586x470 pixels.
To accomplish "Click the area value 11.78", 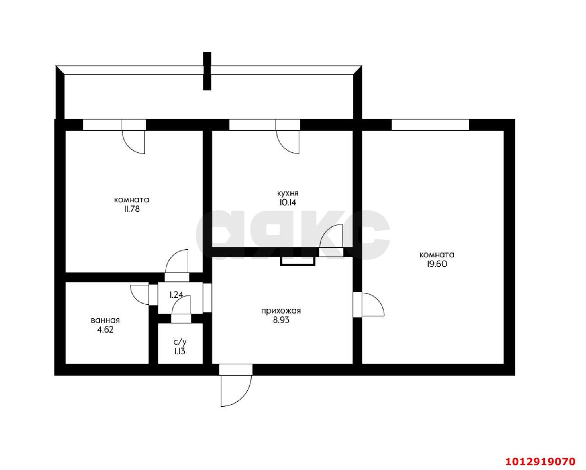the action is tap(132, 209).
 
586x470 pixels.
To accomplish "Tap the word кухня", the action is tap(288, 193).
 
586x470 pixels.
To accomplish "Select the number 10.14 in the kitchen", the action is tap(288, 203).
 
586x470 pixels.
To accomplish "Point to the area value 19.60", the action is tap(437, 264).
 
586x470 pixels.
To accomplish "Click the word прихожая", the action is tap(281, 311).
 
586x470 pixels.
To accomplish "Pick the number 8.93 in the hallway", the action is tap(281, 320).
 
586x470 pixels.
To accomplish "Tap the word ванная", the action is tap(105, 320).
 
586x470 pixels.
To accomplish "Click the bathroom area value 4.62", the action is tap(105, 330).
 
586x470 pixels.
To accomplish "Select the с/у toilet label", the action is tap(180, 342).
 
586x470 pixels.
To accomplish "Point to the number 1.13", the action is tap(180, 351).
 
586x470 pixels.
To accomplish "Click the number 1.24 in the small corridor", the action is tap(176, 295).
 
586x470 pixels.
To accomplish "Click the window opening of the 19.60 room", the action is tap(430, 125).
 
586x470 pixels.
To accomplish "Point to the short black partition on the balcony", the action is tap(207, 71).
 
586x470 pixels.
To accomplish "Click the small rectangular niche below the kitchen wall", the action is tap(298, 262).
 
